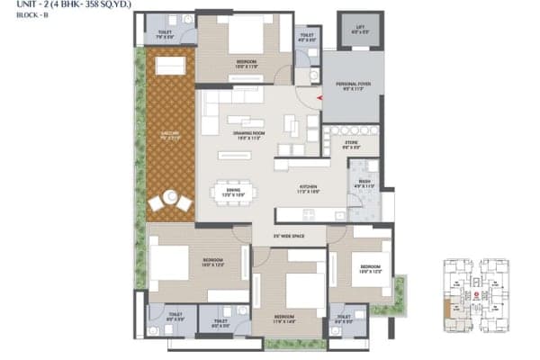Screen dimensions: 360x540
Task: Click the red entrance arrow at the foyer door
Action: point(318,100)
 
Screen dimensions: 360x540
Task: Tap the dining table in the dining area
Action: point(233,192)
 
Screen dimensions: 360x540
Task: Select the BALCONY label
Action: point(170,137)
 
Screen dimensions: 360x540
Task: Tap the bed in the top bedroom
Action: point(243,40)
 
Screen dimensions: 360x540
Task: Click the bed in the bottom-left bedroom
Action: point(171,261)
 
